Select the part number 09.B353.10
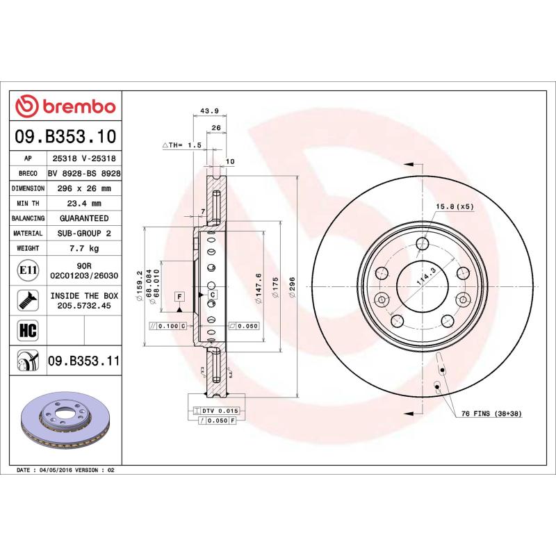(x=65, y=136)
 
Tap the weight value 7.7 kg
(x=84, y=248)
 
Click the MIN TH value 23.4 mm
(x=84, y=203)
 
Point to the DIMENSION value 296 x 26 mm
(x=84, y=188)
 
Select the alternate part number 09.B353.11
(x=84, y=361)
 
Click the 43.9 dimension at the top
(x=209, y=111)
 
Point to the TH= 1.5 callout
(x=181, y=145)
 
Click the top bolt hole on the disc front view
(x=422, y=243)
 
